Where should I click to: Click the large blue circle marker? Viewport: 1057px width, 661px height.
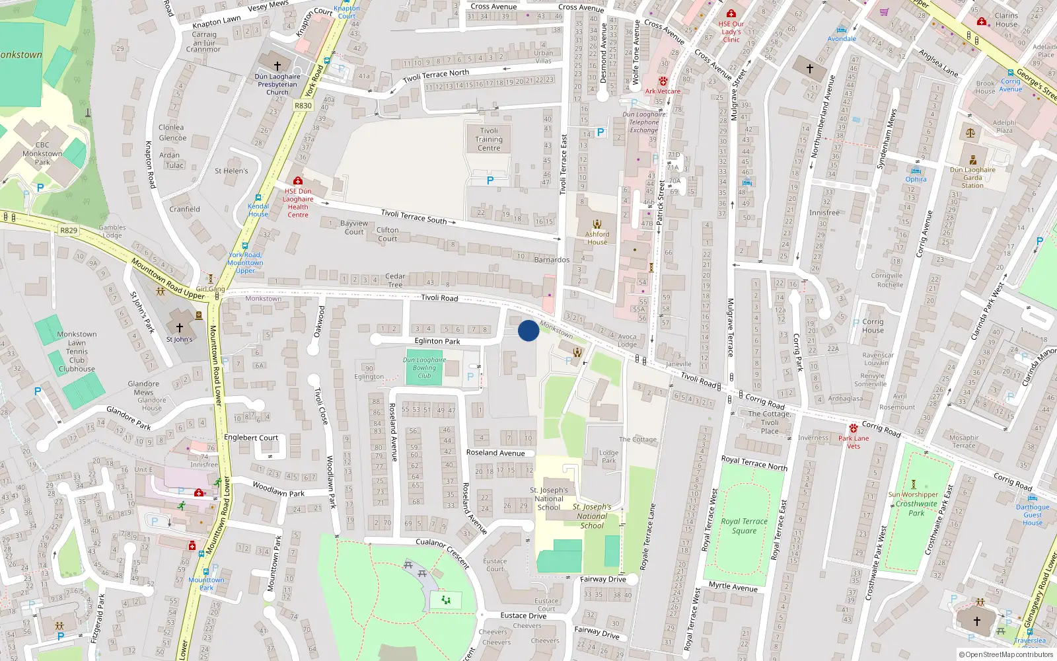click(528, 330)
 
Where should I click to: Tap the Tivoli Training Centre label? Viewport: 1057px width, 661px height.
click(489, 139)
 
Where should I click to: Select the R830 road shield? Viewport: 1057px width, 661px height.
click(303, 106)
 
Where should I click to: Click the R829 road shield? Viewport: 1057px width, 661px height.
click(69, 231)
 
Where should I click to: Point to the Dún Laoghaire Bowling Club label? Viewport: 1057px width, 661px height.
click(424, 368)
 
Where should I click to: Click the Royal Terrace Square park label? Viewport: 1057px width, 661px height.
click(744, 525)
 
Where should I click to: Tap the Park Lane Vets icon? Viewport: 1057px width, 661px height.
click(854, 428)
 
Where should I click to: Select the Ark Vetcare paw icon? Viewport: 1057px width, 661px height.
click(663, 81)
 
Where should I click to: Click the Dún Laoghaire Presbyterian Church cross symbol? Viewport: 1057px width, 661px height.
click(277, 65)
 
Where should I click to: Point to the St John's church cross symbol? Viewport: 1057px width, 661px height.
click(179, 327)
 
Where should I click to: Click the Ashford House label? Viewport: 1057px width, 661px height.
click(597, 238)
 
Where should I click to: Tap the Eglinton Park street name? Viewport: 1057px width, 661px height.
click(437, 341)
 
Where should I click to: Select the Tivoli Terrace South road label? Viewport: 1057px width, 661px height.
click(414, 216)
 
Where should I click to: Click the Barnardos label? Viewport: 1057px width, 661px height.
click(552, 260)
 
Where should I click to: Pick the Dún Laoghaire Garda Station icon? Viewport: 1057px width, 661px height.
click(972, 160)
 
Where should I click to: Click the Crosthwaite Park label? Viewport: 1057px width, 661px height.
click(916, 508)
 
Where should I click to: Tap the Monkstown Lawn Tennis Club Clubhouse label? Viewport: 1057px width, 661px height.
click(77, 352)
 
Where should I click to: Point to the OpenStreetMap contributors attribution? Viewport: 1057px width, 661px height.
click(1005, 654)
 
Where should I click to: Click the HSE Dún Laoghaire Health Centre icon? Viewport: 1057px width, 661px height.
click(298, 181)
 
